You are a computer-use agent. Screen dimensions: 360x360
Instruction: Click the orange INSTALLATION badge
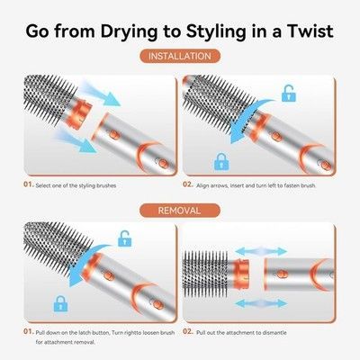tap(180, 56)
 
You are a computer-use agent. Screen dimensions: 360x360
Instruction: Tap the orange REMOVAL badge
tap(180, 211)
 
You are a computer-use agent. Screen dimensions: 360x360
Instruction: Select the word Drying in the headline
tap(129, 31)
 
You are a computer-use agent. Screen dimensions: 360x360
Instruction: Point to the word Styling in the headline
tap(216, 31)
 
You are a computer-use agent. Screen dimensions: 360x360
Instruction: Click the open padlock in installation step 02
tap(289, 93)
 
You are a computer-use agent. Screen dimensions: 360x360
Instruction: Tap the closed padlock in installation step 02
tap(221, 162)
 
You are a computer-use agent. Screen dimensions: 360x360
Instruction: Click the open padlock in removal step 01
tap(125, 238)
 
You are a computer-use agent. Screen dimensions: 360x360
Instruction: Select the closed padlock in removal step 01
tap(60, 303)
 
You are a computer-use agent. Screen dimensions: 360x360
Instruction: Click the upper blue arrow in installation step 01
tap(101, 94)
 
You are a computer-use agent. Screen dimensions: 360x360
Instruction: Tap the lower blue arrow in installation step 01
tap(76, 140)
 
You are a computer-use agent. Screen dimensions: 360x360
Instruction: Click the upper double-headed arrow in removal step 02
tap(261, 251)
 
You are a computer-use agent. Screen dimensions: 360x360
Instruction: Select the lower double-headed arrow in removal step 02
tap(261, 303)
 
